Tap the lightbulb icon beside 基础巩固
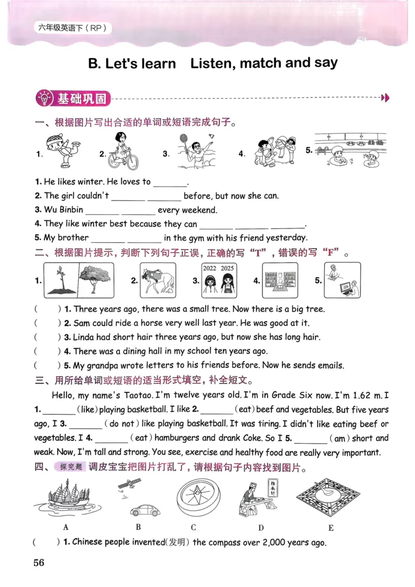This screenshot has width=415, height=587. coord(45,97)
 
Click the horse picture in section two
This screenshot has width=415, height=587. coord(158,281)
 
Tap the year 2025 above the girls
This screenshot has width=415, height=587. coord(227,268)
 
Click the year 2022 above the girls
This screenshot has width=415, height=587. coord(210,268)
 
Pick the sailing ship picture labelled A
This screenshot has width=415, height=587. coord(66,498)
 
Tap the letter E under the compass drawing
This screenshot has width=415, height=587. coord(330,528)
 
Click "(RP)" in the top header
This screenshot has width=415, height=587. coord(98,29)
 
